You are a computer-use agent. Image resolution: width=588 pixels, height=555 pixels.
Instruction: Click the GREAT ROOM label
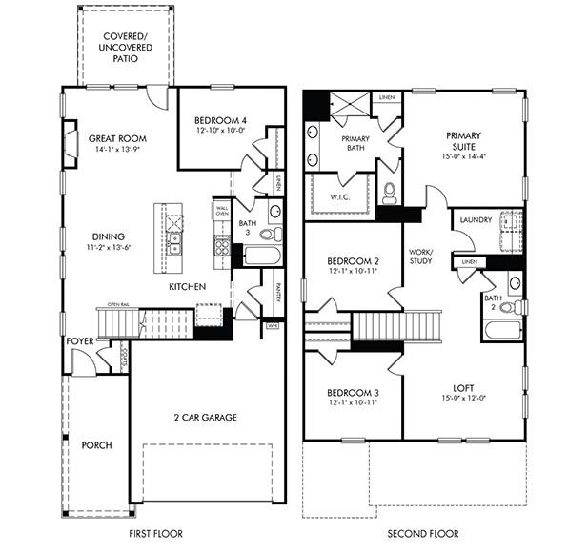point(117,137)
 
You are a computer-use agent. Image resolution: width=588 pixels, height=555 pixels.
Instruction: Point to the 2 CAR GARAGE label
point(205,417)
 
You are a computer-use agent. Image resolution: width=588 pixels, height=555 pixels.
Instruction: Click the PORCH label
point(96,445)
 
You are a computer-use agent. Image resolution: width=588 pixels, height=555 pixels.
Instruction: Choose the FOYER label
point(80,340)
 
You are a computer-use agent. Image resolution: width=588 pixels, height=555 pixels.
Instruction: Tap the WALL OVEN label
point(222,211)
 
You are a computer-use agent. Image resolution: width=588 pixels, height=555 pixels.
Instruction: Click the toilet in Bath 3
point(267,234)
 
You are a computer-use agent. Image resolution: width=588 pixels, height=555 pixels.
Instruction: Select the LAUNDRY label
point(476,220)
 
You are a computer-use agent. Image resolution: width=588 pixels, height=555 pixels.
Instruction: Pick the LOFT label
point(463,387)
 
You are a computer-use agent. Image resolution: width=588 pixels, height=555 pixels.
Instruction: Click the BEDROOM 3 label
point(353,393)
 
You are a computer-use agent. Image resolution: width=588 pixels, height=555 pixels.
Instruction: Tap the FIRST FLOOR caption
point(155,534)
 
